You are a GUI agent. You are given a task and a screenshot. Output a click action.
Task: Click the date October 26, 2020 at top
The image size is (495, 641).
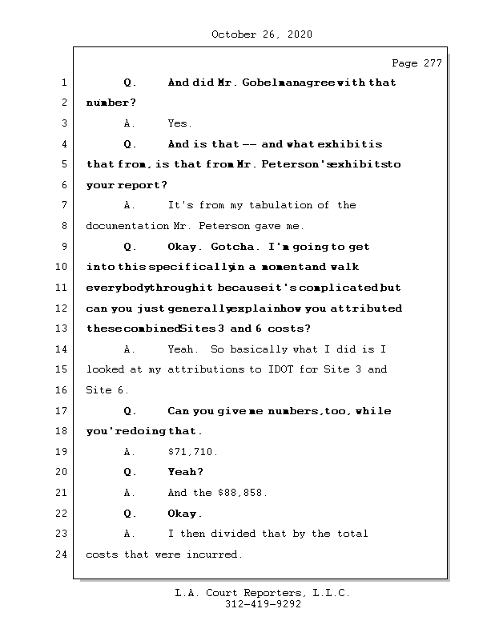[x=262, y=34]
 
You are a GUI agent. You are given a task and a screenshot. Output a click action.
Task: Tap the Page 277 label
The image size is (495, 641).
[x=417, y=64]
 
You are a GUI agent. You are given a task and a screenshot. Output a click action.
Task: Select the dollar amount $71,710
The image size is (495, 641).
[x=192, y=452]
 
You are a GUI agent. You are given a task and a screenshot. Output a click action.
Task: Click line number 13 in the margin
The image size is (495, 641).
[x=64, y=329]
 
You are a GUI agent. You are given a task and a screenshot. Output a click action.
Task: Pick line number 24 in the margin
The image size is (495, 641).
[x=64, y=554]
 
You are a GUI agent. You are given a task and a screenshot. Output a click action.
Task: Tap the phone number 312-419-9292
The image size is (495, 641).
[x=263, y=605]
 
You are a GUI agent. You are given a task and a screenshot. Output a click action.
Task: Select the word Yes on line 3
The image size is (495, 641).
[x=179, y=123]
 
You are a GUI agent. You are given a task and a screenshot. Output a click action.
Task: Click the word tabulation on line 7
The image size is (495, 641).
[x=284, y=205]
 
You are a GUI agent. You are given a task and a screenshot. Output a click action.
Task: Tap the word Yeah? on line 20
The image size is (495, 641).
[x=185, y=472]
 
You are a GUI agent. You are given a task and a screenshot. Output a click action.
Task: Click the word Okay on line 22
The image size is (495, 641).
[x=183, y=514]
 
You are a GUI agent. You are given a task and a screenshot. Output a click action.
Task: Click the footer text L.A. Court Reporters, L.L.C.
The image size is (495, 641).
[x=263, y=593]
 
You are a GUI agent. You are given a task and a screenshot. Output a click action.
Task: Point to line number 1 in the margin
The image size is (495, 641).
[x=64, y=83]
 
